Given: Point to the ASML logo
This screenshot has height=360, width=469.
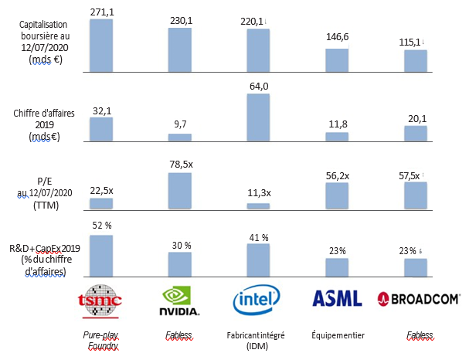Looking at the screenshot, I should coord(336,298).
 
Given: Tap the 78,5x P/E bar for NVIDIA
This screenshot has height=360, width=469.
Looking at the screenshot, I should coord(180,191).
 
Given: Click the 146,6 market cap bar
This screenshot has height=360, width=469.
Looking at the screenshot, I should coord(337,61).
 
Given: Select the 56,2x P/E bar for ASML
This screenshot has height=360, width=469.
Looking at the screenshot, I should coord(337,195).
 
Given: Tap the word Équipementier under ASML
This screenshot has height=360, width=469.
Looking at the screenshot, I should coord(337,336).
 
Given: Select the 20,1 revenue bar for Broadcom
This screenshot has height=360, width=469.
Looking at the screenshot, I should coord(415,134).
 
